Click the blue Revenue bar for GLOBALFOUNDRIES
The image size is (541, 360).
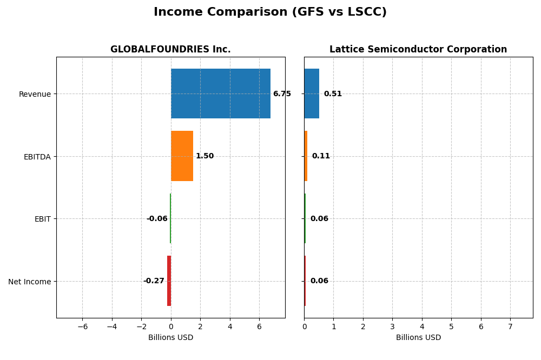point(220,94)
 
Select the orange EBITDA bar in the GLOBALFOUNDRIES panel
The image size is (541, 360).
point(182,156)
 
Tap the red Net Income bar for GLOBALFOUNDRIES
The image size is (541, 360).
point(169,281)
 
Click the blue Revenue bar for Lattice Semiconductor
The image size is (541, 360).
point(312,94)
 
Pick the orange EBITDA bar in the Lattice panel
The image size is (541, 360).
point(306,156)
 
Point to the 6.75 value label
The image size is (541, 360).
point(282,94)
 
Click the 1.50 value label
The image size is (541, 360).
point(204,156)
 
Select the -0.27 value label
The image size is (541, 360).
point(154,281)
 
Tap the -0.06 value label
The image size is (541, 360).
point(157,219)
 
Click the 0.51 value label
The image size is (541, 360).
point(333,94)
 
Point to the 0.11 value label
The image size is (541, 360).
point(321,156)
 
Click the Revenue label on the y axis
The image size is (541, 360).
point(35,95)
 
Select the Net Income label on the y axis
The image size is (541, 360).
point(29,282)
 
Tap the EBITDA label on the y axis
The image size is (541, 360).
point(37,157)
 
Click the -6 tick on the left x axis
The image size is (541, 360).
point(82,326)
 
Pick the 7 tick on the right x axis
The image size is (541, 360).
point(510,326)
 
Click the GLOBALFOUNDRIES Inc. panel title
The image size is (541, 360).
point(170,50)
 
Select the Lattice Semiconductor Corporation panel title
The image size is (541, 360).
point(418,50)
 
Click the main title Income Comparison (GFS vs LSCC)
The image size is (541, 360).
point(270,12)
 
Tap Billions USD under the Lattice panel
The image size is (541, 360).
point(418,338)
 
